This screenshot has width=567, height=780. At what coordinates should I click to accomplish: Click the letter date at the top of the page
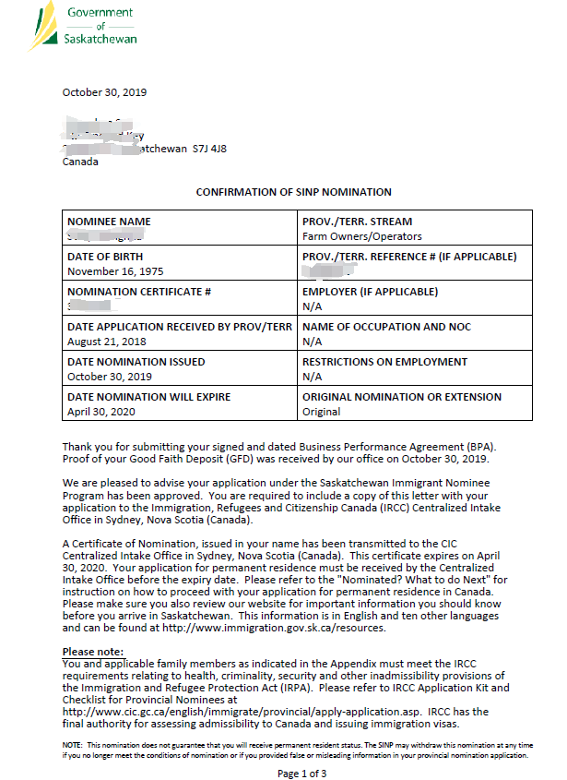[104, 92]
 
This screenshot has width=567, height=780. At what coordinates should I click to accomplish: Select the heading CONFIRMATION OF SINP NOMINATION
[293, 192]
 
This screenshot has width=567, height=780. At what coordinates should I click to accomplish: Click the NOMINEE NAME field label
[109, 222]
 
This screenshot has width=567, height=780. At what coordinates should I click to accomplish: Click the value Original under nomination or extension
[321, 412]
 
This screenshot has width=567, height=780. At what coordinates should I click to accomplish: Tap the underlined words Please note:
[91, 652]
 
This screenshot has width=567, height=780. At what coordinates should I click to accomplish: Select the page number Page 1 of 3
[301, 774]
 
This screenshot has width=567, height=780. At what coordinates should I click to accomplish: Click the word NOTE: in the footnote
[73, 744]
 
